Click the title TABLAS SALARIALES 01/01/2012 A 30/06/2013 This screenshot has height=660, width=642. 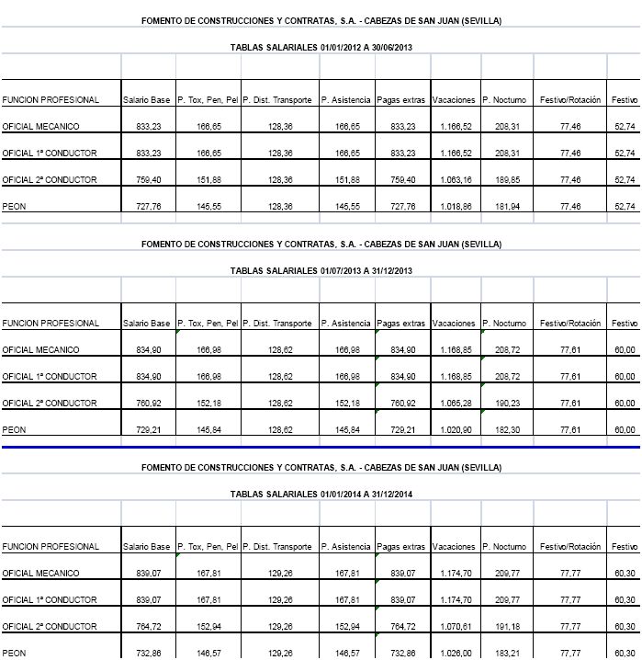[321, 46]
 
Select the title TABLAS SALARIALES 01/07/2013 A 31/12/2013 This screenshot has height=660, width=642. [321, 270]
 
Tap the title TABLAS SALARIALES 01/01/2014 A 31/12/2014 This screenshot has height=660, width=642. [321, 494]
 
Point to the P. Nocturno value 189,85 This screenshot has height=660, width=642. [507, 179]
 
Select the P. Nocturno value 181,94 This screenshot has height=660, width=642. [507, 207]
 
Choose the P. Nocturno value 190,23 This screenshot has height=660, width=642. [507, 403]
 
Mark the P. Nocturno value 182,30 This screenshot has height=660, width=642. [507, 429]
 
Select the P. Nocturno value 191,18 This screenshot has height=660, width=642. [507, 626]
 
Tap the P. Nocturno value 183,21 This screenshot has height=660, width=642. [507, 653]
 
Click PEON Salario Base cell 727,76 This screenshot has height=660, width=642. [148, 207]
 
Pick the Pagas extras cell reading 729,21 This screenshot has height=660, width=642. [402, 429]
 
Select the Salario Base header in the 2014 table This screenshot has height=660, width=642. [147, 547]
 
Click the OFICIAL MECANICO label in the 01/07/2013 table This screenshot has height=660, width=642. [41, 349]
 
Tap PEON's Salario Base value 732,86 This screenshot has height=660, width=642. [148, 653]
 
